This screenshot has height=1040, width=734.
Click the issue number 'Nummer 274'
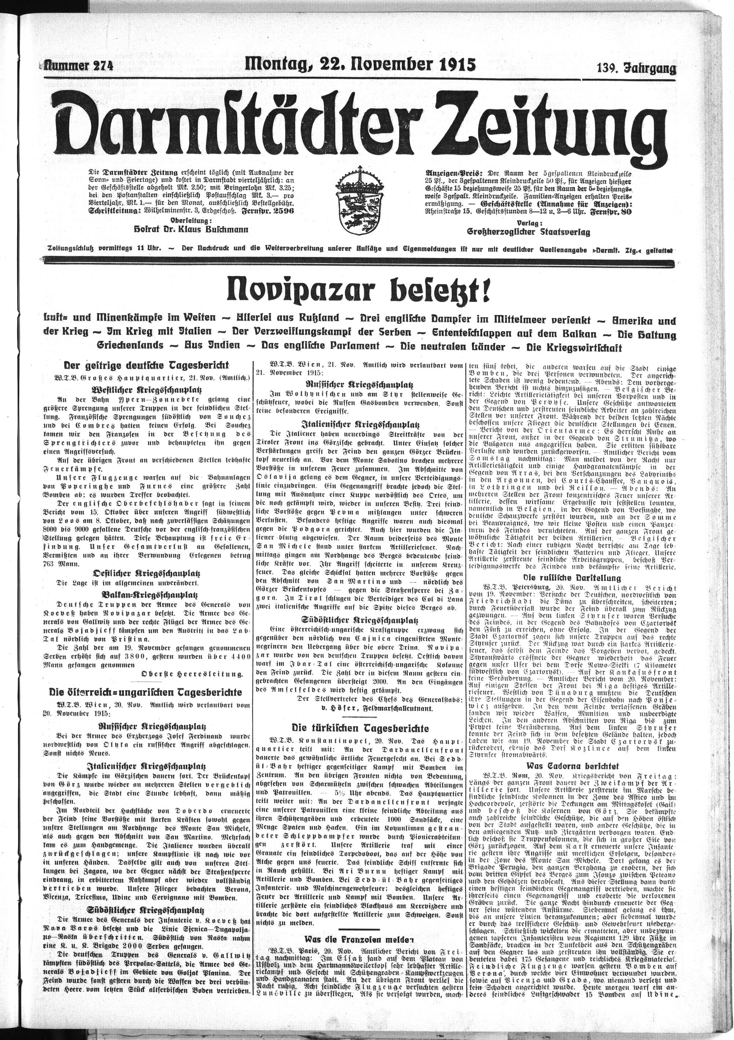coord(78,66)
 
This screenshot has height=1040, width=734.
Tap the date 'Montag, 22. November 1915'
coord(360,64)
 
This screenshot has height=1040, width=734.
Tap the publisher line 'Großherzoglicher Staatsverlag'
coord(529,232)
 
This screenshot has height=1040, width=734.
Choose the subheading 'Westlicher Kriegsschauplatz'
coord(146,390)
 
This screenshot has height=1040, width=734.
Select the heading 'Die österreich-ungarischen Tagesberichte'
coord(146,692)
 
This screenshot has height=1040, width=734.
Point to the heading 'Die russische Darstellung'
coord(572,578)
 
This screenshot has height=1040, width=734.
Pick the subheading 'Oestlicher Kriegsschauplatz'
coord(146,574)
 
